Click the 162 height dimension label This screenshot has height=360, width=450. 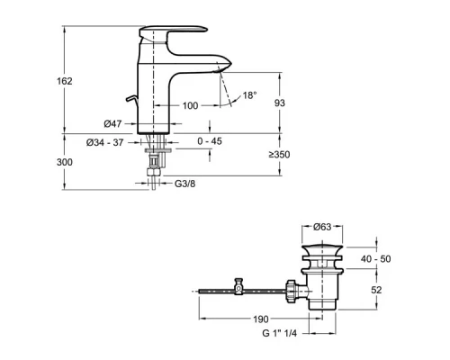click(x=65, y=81)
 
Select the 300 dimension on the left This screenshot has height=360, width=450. click(x=65, y=162)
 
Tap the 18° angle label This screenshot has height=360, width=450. click(x=249, y=95)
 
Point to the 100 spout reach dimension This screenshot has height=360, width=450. click(x=191, y=105)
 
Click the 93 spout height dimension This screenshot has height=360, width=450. click(x=280, y=103)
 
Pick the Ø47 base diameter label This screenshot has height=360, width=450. click(x=112, y=123)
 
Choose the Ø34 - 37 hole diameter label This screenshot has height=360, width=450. click(x=104, y=142)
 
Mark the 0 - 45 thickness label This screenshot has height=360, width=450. click(x=210, y=141)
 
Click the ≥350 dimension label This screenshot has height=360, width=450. click(x=279, y=155)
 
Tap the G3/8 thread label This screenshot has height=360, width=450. click(x=184, y=184)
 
